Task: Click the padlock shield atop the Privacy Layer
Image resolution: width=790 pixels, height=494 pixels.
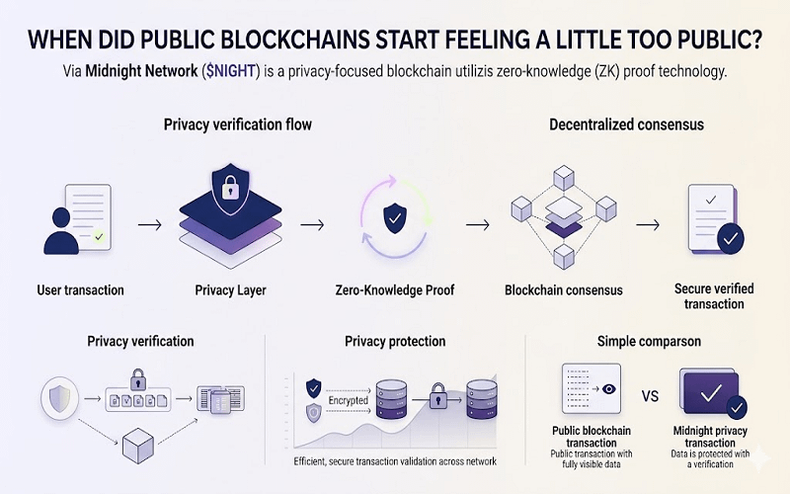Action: pos(226,188)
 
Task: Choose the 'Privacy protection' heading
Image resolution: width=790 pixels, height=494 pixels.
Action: pos(395,342)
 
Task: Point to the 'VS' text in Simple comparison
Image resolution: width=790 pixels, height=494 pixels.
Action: pos(650,397)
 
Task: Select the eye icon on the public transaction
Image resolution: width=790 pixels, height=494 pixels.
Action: pos(609,389)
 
